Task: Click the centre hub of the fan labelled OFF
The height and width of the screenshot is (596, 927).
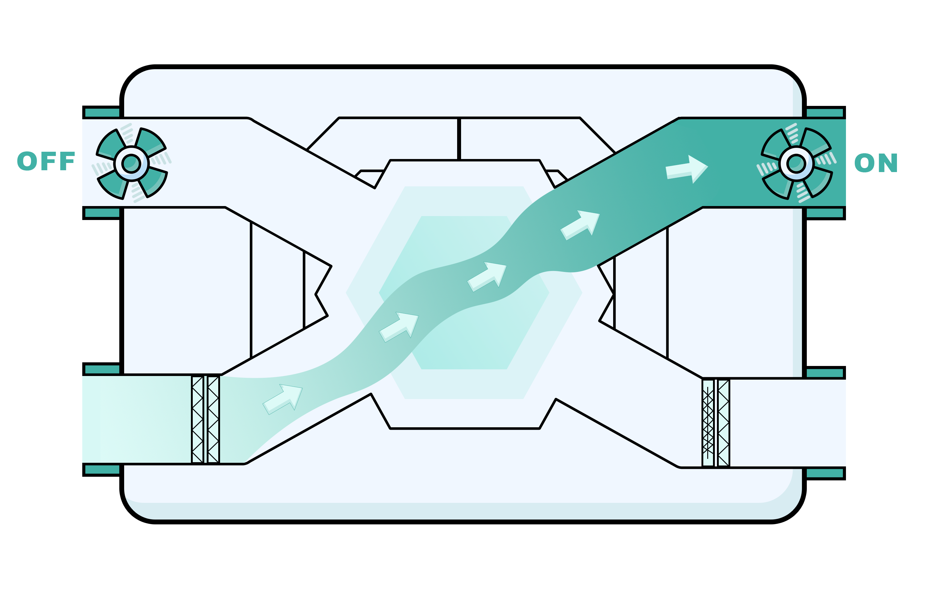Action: coord(131,163)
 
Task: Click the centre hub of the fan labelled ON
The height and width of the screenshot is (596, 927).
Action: coord(796,163)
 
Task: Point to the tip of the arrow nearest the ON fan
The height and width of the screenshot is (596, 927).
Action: coord(708,167)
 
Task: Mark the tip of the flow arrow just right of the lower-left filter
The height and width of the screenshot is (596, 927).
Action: coord(302,388)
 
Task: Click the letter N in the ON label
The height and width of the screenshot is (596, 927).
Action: coord(888,163)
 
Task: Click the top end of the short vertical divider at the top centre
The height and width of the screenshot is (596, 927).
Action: coord(459,118)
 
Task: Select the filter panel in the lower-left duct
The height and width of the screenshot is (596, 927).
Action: coord(205,419)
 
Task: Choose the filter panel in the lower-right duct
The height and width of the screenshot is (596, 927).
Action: coord(716,423)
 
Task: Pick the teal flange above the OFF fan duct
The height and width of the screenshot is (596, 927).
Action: coord(102,112)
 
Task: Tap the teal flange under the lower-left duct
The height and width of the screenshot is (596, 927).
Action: coord(102,470)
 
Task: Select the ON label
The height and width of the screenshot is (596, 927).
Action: coord(876,163)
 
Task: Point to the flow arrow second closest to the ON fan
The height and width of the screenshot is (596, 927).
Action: coord(580,225)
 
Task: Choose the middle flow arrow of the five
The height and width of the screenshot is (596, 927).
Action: coord(487,277)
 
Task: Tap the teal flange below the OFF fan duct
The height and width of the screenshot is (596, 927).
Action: coord(102,213)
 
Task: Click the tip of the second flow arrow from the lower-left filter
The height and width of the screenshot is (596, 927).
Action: coord(418,316)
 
